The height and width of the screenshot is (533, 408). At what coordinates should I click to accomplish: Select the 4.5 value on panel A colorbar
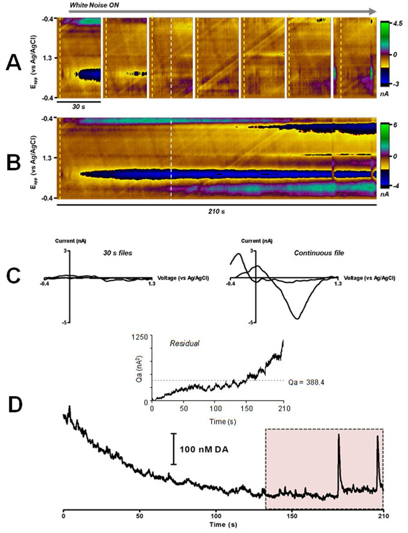[x=394, y=23]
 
